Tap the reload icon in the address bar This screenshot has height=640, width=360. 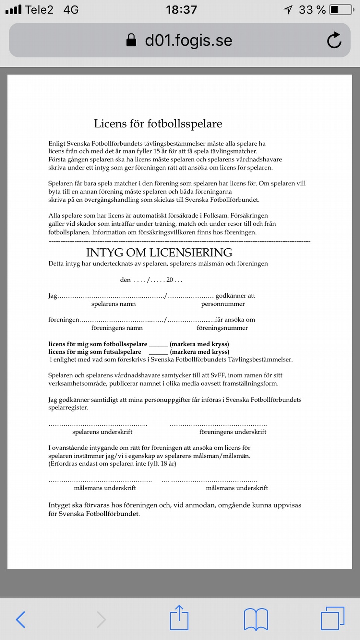(x=334, y=40)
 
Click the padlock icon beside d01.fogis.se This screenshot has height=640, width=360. (x=131, y=40)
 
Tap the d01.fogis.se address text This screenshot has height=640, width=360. (x=188, y=40)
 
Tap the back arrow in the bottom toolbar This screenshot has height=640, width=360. (x=20, y=620)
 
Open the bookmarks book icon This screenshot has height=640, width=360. (x=256, y=620)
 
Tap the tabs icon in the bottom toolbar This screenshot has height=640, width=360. (x=332, y=620)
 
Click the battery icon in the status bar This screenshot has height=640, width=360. (x=341, y=10)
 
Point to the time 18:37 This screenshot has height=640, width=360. (x=181, y=10)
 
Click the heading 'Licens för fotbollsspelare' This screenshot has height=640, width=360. (x=158, y=123)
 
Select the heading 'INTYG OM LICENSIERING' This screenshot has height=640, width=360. (x=159, y=252)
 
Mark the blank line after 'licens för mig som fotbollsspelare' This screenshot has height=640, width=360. (x=158, y=345)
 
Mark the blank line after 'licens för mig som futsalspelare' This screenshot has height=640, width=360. (x=158, y=352)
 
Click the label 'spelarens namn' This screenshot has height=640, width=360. (x=113, y=304)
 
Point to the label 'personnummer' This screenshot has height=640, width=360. (x=223, y=304)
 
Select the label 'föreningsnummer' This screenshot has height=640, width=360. (x=222, y=328)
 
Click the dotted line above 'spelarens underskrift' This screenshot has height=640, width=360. (x=98, y=424)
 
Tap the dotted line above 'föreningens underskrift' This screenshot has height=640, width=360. (x=218, y=424)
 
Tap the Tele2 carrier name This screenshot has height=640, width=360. (x=39, y=10)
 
